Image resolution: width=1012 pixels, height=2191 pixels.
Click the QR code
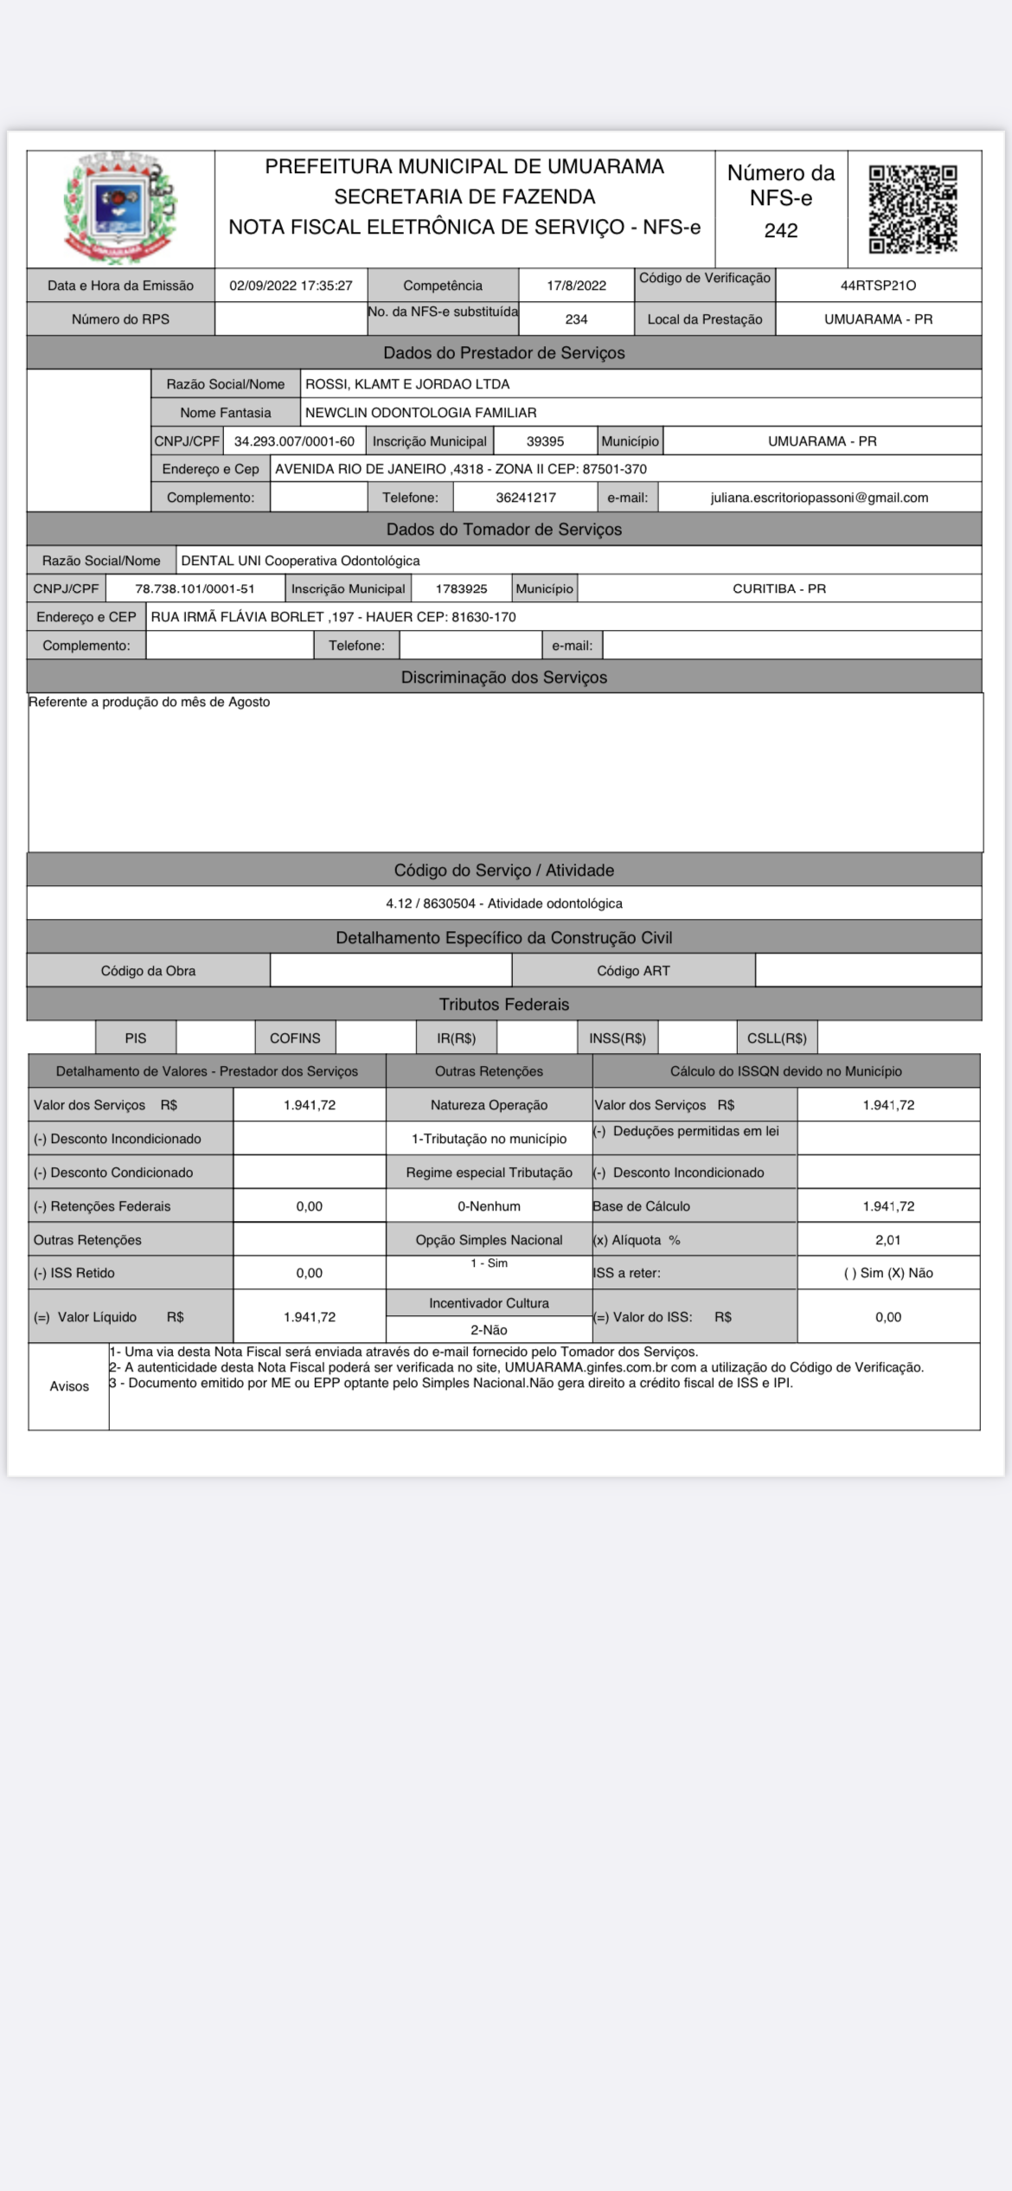tap(913, 209)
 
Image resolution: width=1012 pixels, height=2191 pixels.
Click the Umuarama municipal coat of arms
tap(120, 209)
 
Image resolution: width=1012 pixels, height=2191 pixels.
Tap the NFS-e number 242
tap(780, 230)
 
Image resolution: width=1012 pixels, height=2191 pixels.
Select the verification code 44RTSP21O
tap(878, 286)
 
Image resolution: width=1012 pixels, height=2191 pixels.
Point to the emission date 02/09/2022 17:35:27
tap(291, 286)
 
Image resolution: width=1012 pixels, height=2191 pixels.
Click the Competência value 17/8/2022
tap(576, 286)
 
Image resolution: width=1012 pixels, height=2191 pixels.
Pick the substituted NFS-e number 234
tap(576, 319)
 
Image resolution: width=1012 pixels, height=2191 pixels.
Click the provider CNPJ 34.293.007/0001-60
tap(294, 441)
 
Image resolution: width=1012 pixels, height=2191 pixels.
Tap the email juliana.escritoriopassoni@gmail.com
tap(819, 498)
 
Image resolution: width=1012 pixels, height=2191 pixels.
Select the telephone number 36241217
tap(526, 498)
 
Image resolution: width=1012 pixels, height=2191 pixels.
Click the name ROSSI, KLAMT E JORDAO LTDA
tap(407, 384)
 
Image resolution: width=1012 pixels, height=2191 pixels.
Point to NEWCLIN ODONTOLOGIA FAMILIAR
tap(420, 413)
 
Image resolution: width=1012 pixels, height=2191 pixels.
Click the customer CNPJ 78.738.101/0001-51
tap(195, 588)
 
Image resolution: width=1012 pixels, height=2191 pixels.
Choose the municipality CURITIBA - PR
tap(778, 588)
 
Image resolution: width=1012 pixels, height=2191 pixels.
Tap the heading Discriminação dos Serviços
tap(503, 678)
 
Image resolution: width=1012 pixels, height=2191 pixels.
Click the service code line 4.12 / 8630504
tap(503, 903)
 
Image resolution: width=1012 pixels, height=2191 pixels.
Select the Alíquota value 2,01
tap(888, 1240)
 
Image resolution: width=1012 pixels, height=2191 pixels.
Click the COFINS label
tap(295, 1038)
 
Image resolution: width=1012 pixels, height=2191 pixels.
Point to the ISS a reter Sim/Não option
tap(888, 1273)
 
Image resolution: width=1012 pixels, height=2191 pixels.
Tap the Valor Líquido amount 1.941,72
tap(310, 1317)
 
